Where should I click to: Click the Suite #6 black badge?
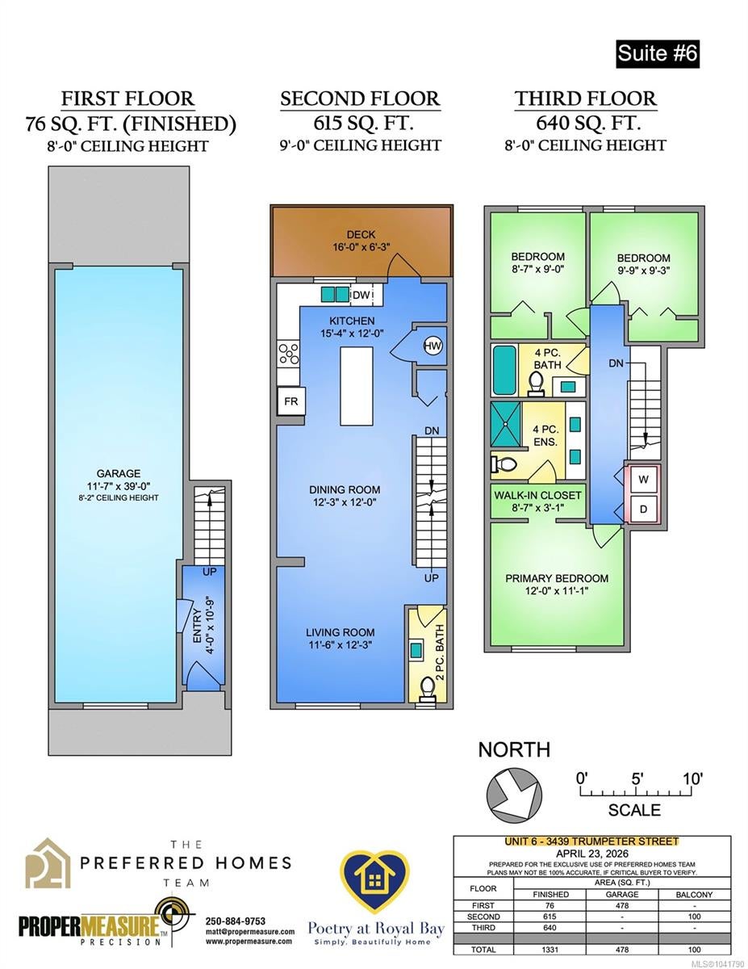657,54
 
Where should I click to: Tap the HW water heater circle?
433,346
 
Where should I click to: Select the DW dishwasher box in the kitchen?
361,295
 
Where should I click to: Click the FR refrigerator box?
291,401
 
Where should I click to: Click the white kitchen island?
357,386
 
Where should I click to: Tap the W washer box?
643,480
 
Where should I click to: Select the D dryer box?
643,509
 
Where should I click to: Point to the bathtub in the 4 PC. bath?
504,370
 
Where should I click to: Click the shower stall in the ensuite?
506,425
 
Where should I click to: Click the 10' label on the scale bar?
693,779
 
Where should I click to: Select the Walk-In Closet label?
537,495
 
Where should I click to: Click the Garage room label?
119,473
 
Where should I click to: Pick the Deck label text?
361,234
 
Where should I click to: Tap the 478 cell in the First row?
622,906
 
